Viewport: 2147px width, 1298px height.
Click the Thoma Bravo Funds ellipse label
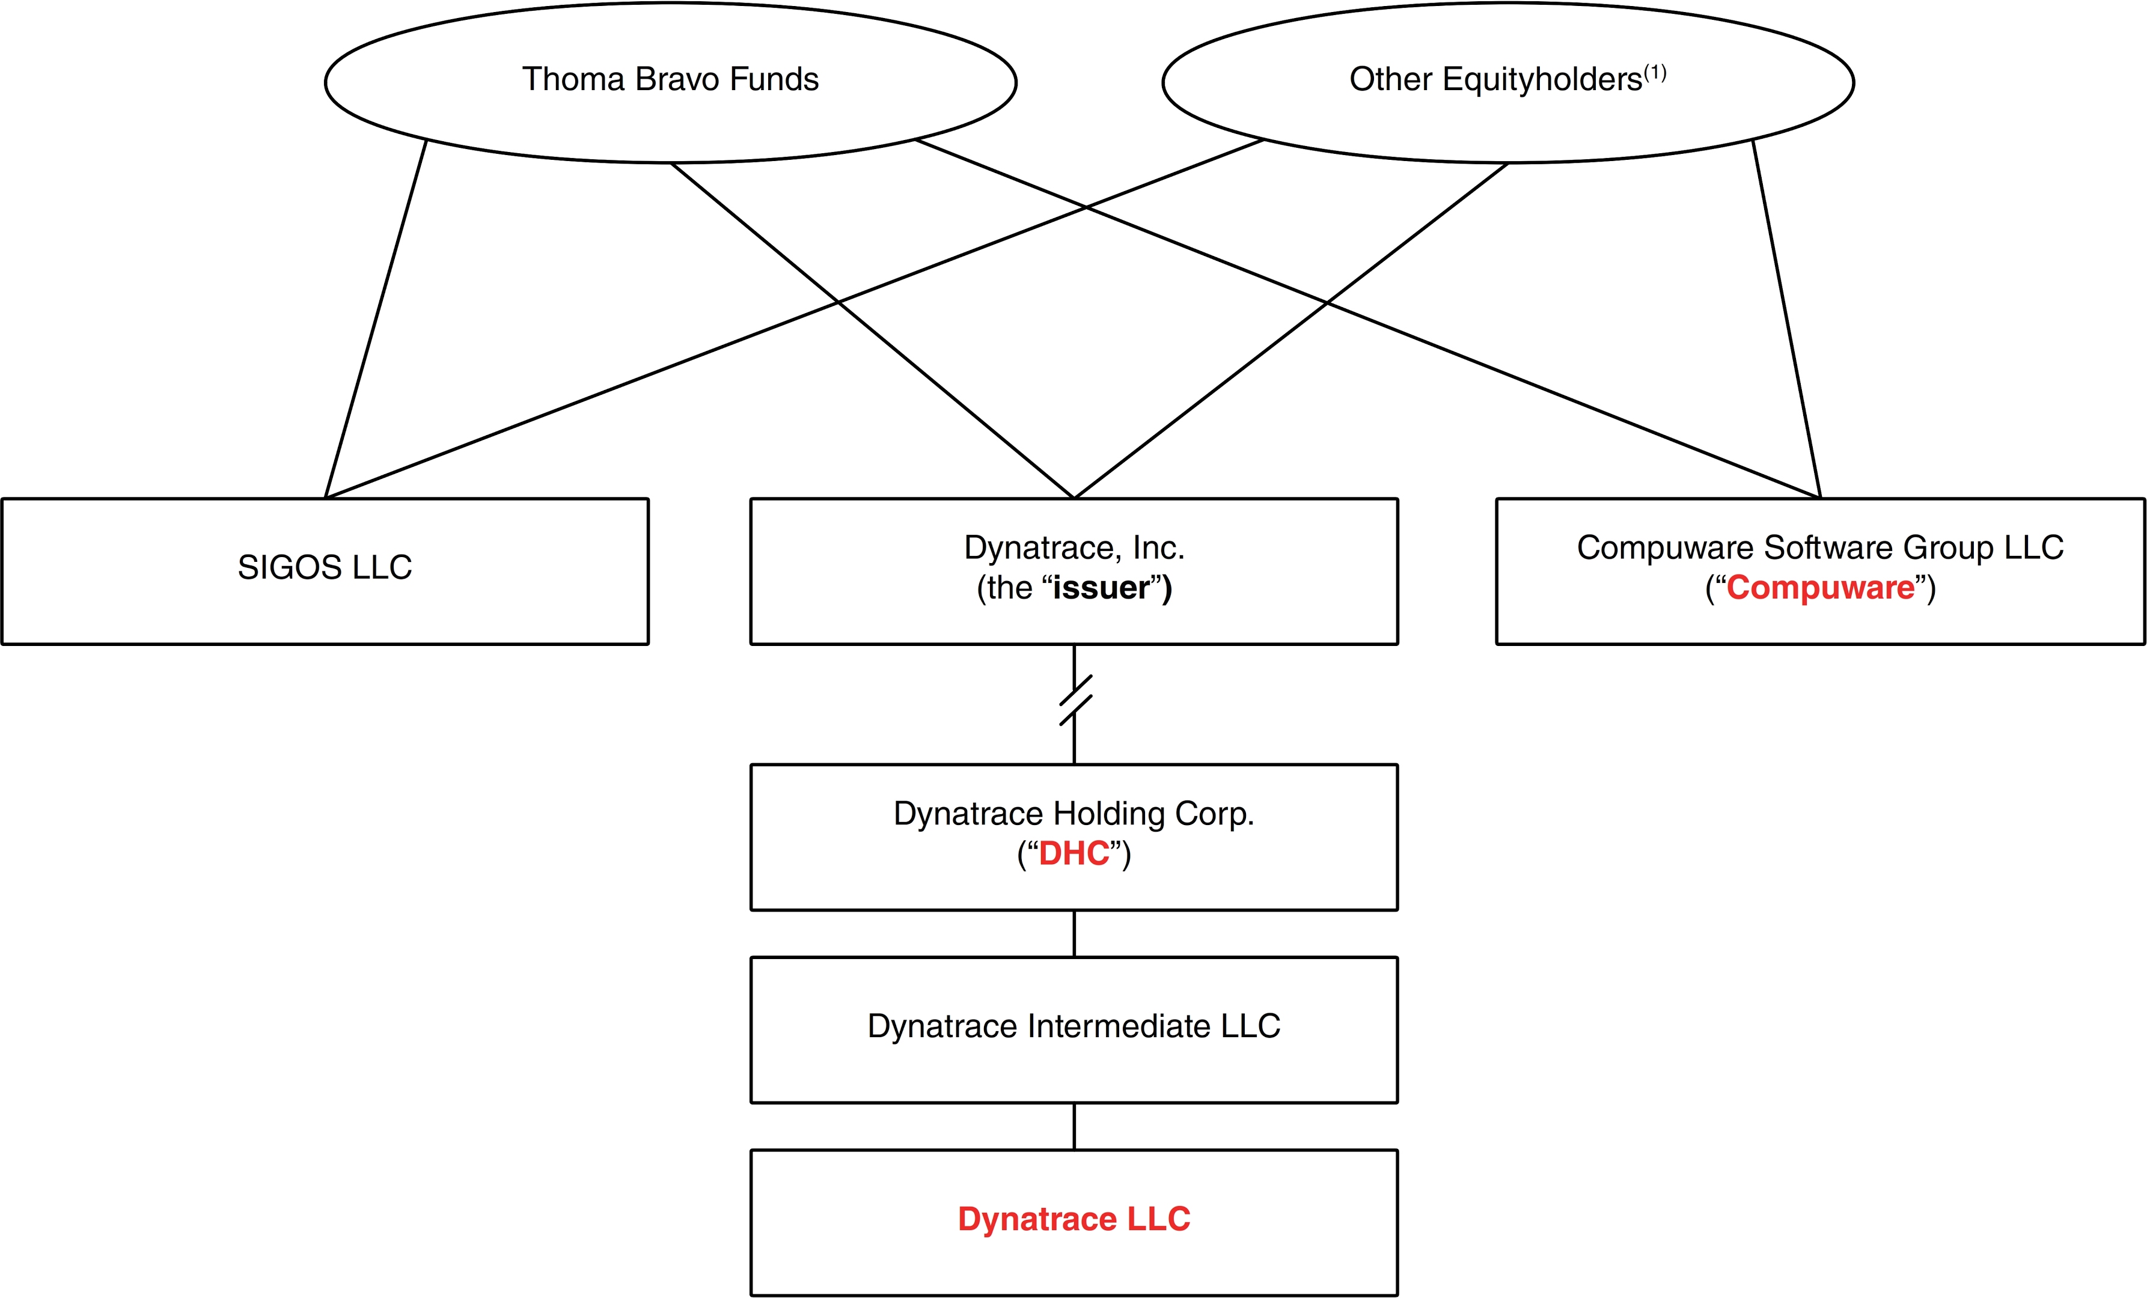(x=670, y=79)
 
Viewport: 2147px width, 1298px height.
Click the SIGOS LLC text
(x=325, y=567)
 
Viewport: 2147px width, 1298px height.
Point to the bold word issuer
(x=1101, y=588)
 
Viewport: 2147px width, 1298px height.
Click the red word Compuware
(x=1820, y=588)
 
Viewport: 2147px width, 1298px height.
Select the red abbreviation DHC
(x=1073, y=854)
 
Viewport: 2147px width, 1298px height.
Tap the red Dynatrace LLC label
(x=1073, y=1219)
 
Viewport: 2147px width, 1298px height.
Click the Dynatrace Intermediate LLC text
(x=1073, y=1026)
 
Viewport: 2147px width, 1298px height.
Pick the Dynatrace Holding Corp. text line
(x=1073, y=814)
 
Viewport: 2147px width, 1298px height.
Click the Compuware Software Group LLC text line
(x=1820, y=547)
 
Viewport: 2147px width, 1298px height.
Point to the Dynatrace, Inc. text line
(x=1073, y=547)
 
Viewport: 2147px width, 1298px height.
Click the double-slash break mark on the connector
(x=1075, y=701)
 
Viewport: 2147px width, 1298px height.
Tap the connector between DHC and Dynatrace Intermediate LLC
(x=1074, y=934)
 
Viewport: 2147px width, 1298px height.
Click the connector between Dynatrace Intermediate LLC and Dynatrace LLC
(x=1074, y=1126)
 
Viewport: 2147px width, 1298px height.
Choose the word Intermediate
(x=1119, y=1026)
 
